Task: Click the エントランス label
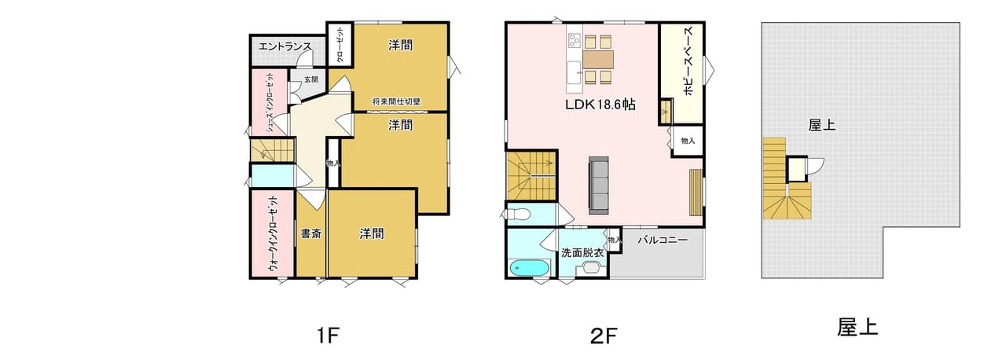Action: [x=285, y=46]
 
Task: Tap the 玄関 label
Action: [x=310, y=79]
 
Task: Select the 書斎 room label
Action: [x=310, y=234]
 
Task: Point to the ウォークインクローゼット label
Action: [x=273, y=234]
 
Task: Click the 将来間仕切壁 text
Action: [x=397, y=101]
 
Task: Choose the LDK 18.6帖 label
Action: [x=600, y=105]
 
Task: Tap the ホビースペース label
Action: [x=689, y=61]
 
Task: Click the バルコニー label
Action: [x=663, y=241]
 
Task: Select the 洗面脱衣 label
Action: [x=582, y=253]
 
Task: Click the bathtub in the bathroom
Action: [x=529, y=269]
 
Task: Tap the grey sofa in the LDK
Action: [x=599, y=186]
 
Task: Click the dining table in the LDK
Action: [x=598, y=59]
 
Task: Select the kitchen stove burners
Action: [x=575, y=42]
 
